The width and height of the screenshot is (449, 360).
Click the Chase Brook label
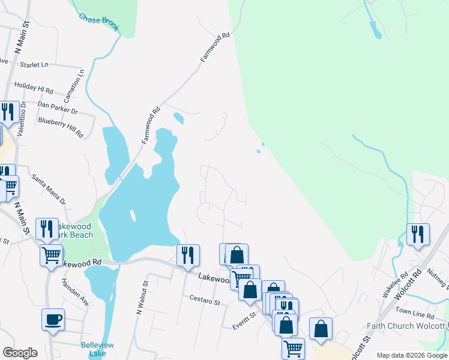[99, 21]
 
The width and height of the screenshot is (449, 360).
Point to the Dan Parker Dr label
[58, 107]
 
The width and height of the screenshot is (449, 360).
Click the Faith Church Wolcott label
[406, 326]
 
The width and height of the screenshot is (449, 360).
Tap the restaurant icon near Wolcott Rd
[418, 234]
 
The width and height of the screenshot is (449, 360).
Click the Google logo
[20, 353]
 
